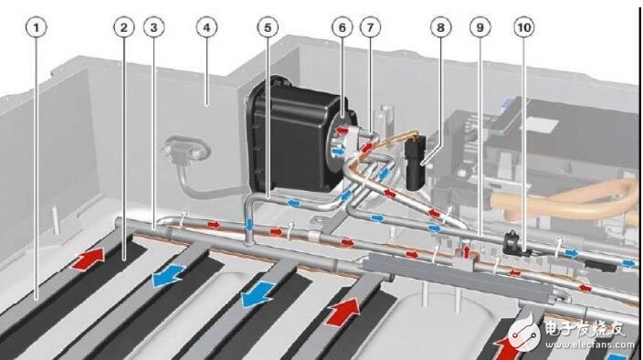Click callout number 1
[37, 27]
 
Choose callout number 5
[267, 27]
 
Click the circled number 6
[343, 27]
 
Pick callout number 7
[372, 27]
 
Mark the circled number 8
[441, 27]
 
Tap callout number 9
[479, 27]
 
